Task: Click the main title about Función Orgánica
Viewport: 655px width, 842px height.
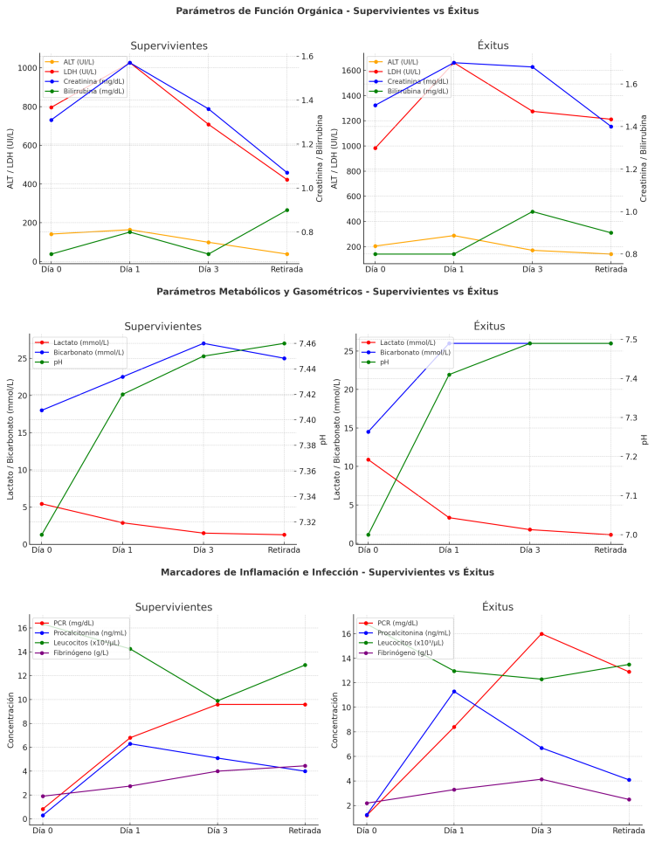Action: (x=327, y=10)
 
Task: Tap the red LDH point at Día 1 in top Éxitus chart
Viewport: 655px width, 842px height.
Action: (x=454, y=63)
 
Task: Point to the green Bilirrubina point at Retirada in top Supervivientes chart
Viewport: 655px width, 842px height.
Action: (x=286, y=210)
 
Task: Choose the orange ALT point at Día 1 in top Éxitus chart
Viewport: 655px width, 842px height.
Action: (x=454, y=236)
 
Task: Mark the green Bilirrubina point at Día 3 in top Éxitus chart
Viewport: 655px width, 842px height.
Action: (x=532, y=211)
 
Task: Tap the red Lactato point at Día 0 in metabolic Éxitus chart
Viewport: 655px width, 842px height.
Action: (x=368, y=459)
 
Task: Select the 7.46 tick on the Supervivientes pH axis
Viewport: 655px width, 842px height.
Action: (x=308, y=343)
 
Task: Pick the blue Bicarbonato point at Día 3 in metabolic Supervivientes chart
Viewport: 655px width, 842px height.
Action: (x=203, y=343)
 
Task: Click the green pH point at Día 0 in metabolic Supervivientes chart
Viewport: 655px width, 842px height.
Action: (x=42, y=535)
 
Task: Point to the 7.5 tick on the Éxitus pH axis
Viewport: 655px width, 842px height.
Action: (x=632, y=340)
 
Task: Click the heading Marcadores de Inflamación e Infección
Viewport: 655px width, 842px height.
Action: (x=327, y=572)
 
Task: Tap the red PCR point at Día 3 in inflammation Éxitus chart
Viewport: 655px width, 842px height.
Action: (x=541, y=634)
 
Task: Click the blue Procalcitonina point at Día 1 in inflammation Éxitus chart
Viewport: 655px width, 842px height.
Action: (x=454, y=692)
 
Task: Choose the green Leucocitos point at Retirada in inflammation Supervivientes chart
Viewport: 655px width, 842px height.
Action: (x=305, y=665)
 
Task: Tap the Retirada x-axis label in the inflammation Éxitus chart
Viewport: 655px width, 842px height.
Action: (x=629, y=831)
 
